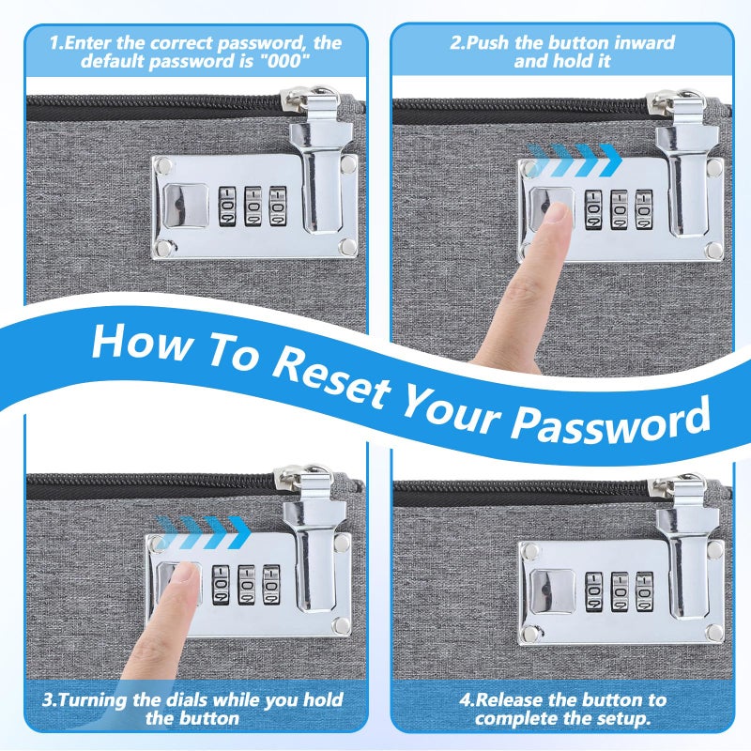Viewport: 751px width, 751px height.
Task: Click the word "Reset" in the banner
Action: [330, 381]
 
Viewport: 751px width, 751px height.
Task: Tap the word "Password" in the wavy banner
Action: [610, 421]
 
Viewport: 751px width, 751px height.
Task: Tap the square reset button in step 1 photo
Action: [186, 206]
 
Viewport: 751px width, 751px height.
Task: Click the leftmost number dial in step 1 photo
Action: [227, 207]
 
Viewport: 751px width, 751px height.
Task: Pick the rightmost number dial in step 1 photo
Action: [278, 207]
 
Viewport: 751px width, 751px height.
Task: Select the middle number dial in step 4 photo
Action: [620, 591]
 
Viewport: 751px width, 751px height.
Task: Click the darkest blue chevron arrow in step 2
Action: [609, 160]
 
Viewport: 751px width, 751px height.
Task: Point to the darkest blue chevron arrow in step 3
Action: [238, 532]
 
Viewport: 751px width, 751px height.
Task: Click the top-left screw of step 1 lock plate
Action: [164, 166]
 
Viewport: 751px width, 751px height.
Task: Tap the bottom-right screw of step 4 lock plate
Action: [714, 632]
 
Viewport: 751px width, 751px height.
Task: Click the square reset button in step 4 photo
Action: [552, 591]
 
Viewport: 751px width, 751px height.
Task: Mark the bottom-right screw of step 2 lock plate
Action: [713, 250]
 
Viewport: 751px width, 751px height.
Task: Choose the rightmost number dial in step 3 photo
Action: [271, 585]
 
